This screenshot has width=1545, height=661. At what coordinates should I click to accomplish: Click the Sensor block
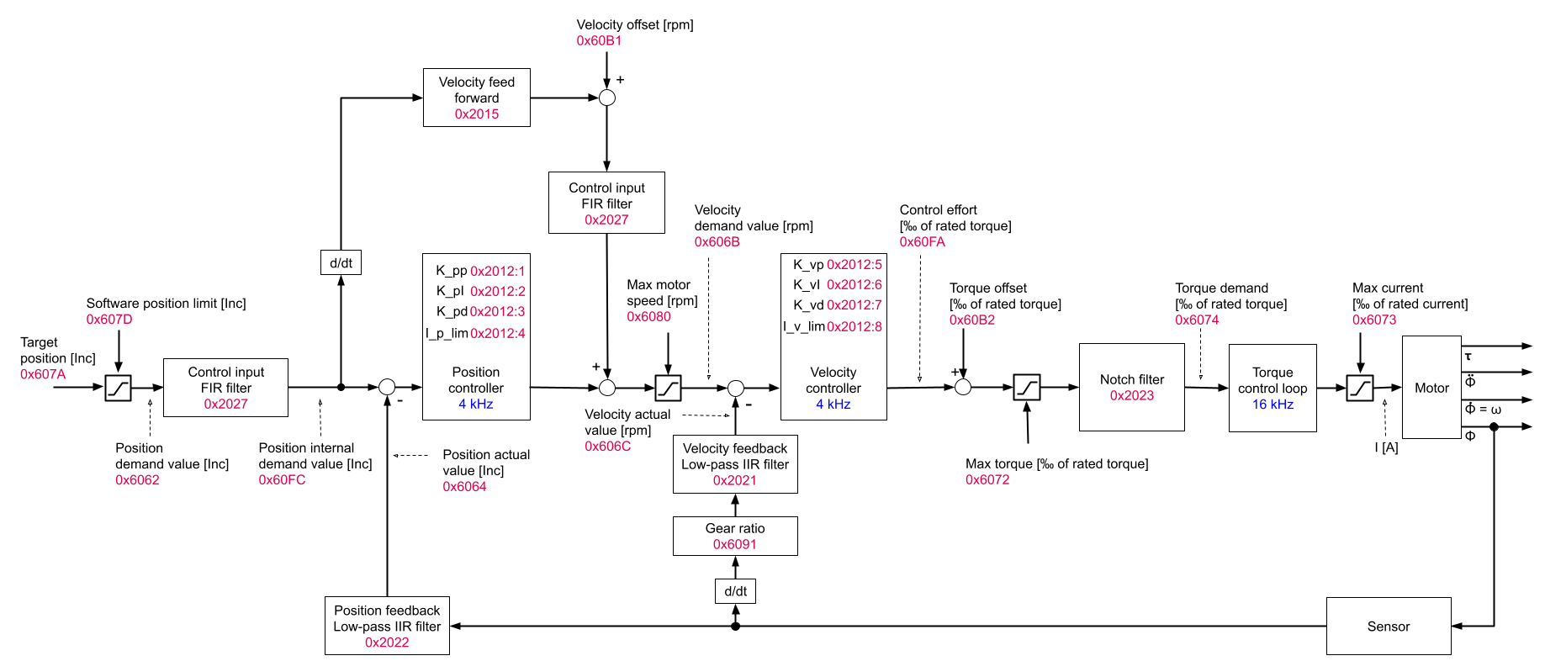[x=1388, y=626]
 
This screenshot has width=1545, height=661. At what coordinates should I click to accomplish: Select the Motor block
[x=1431, y=387]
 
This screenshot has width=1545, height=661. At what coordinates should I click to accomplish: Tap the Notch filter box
[x=1131, y=387]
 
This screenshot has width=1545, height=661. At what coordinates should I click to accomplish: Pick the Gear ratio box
[x=735, y=536]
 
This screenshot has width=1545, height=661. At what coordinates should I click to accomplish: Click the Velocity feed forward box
[x=476, y=98]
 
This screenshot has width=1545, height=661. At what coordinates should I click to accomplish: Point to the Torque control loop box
[x=1272, y=388]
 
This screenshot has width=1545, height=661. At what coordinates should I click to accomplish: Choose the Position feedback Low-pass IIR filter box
[x=387, y=626]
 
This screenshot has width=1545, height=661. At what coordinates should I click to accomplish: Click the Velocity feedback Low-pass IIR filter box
[x=735, y=464]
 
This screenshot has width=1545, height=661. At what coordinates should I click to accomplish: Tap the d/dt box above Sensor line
[x=735, y=591]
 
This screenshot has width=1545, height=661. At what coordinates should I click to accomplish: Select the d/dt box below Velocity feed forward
[x=341, y=262]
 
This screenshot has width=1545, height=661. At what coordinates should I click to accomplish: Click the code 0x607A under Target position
[x=43, y=374]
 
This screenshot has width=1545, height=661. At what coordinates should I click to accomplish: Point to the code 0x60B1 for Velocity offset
[x=599, y=40]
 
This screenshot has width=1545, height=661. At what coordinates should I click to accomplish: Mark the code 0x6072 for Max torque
[x=987, y=479]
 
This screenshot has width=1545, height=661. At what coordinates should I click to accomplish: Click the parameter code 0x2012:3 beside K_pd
[x=497, y=311]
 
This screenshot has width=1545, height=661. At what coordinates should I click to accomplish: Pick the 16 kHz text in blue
[x=1273, y=405]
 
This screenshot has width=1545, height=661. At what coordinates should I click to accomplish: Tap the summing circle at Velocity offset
[x=606, y=98]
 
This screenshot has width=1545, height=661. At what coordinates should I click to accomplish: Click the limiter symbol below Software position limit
[x=119, y=388]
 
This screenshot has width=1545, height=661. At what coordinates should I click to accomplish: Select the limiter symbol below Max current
[x=1359, y=388]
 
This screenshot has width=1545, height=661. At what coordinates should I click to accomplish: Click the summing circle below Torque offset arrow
[x=963, y=387]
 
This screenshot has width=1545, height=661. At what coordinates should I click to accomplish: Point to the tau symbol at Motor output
[x=1468, y=357]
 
